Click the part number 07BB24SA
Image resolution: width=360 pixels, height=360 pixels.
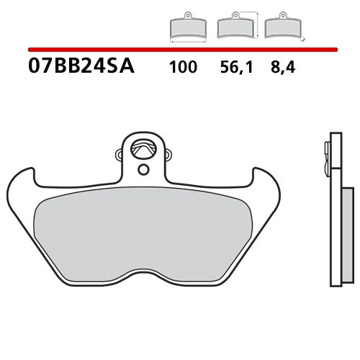pos(80,69)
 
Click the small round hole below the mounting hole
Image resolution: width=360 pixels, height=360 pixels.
pos(144,170)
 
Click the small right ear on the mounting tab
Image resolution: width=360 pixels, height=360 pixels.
pos(169,153)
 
